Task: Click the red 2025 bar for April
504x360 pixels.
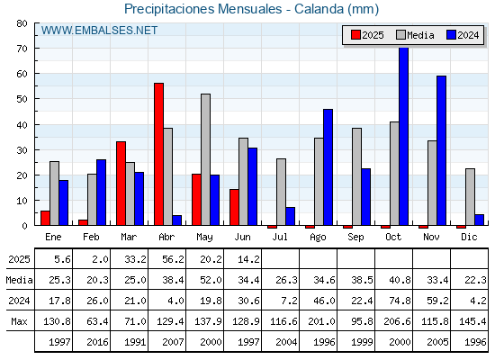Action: [x=158, y=154]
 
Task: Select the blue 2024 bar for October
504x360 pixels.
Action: [x=404, y=136]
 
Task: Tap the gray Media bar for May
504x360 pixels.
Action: [x=206, y=159]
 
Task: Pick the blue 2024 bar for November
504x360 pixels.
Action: [x=441, y=150]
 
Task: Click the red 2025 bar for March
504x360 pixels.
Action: [x=121, y=184]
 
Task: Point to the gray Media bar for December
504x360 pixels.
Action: [x=470, y=197]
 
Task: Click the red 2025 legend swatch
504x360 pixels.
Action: [x=355, y=35]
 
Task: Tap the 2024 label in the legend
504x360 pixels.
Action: [x=468, y=35]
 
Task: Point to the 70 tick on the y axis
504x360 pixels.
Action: [x=22, y=49]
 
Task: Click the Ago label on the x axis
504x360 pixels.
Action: [x=318, y=238]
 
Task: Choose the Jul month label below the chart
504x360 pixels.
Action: [x=280, y=237]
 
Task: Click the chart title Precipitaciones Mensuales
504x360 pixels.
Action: [x=203, y=9]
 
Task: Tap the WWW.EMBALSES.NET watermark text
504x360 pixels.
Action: [x=99, y=31]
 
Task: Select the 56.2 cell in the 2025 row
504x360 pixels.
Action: [x=173, y=259]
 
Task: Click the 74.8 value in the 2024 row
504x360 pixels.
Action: [x=400, y=301]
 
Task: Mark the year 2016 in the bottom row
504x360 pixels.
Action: [x=97, y=342]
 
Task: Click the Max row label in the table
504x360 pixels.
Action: [x=19, y=321]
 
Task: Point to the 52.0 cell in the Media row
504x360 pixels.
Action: [x=211, y=280]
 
